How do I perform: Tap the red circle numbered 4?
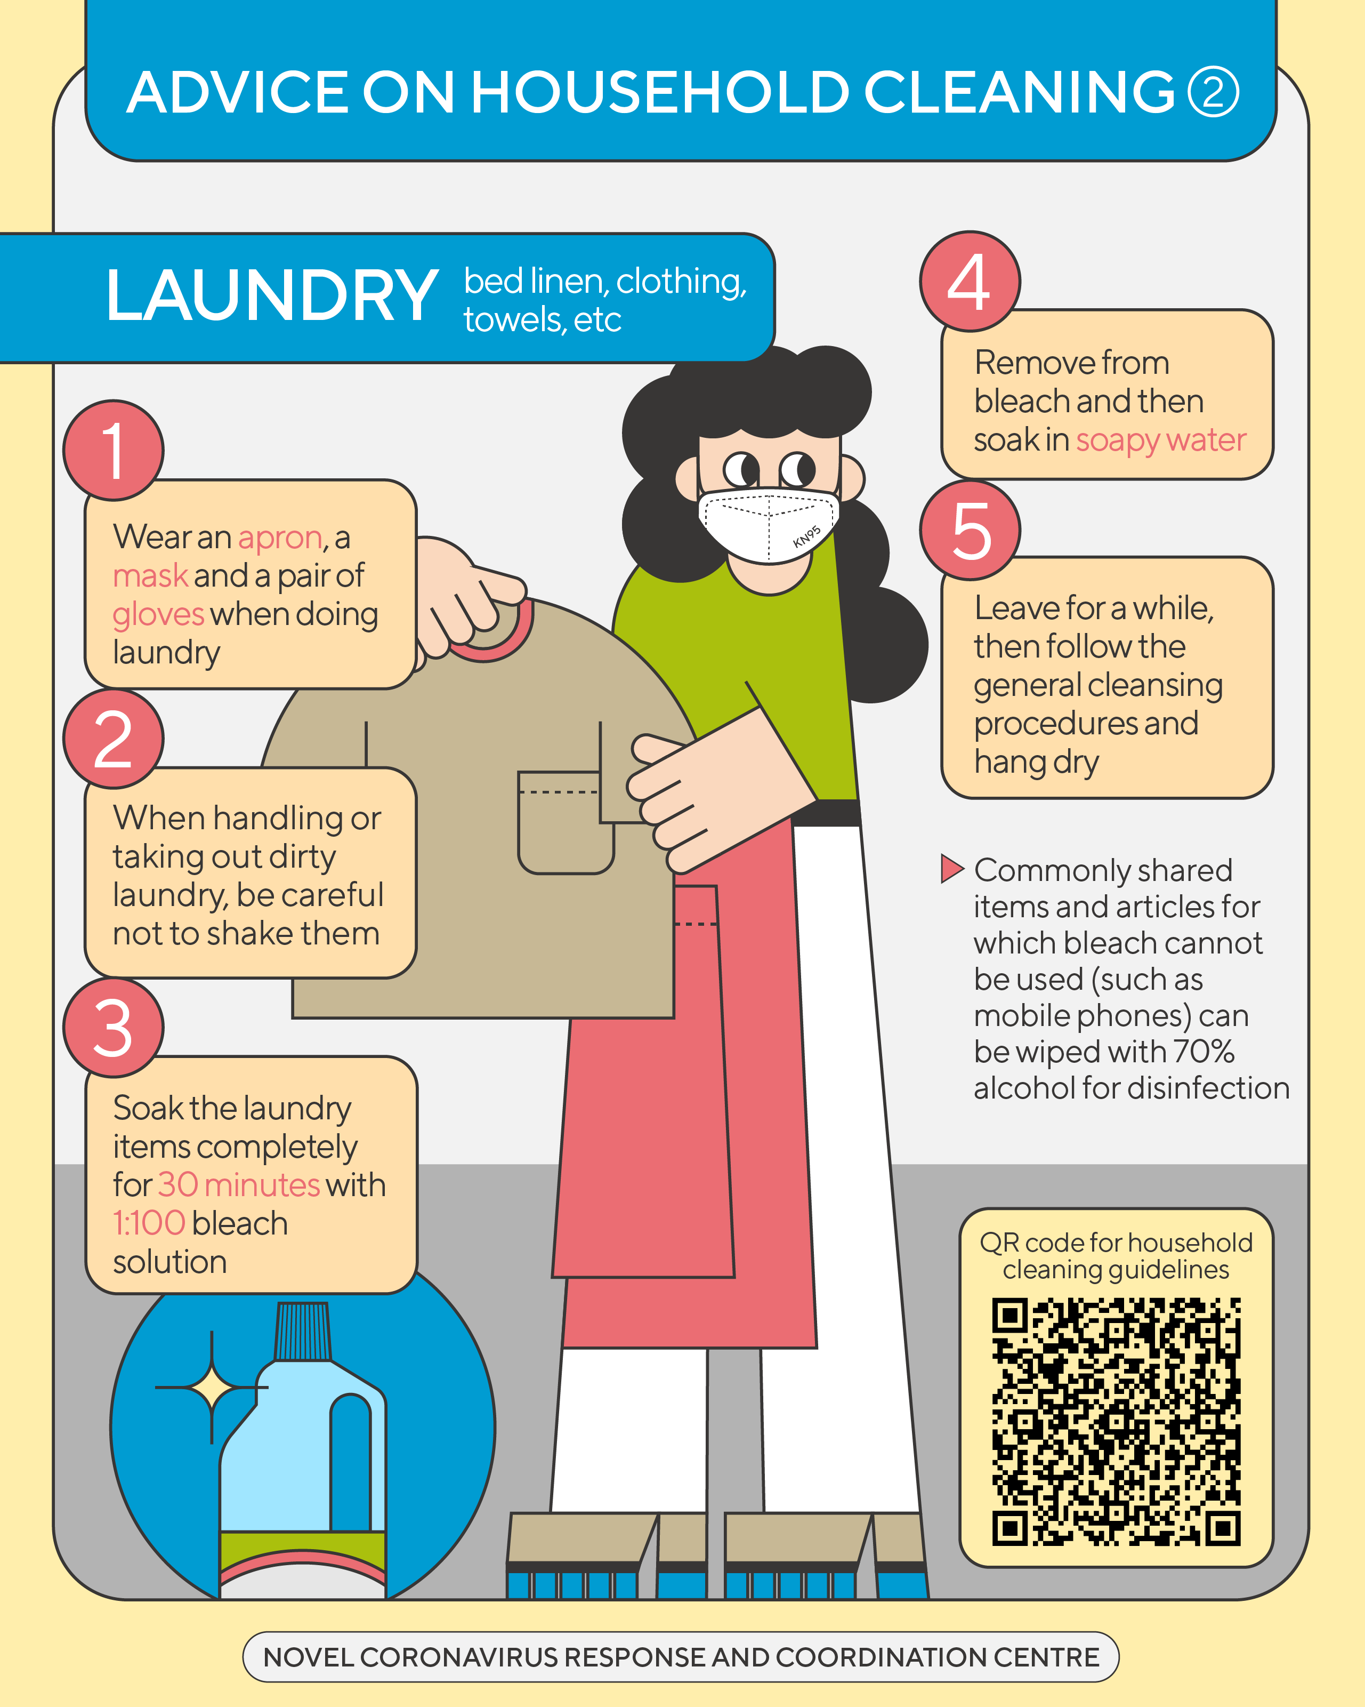(970, 281)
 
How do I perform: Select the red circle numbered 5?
(970, 530)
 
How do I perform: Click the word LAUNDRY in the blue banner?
(271, 295)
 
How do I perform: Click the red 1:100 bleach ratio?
(149, 1223)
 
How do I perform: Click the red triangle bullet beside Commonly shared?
(952, 869)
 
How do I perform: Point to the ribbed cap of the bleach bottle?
(303, 1332)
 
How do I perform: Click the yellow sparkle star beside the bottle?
(211, 1387)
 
